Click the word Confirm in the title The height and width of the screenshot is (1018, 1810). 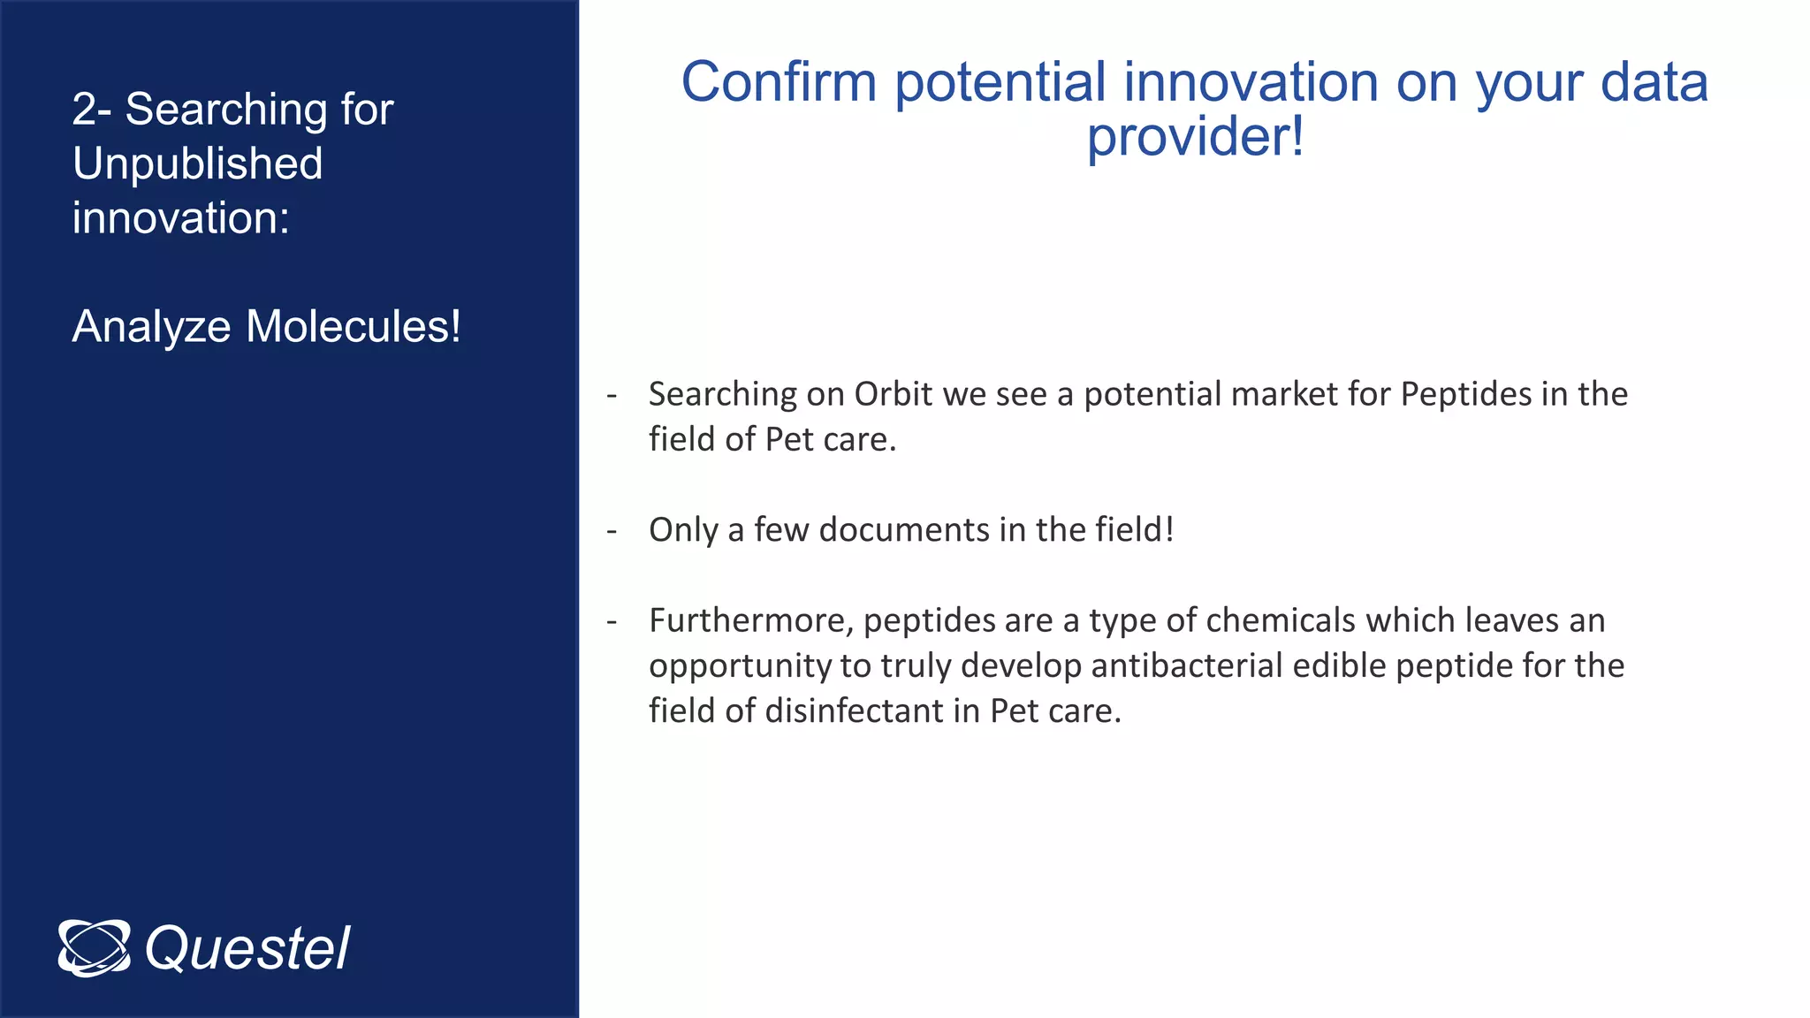click(778, 82)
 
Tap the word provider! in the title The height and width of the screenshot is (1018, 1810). click(1195, 138)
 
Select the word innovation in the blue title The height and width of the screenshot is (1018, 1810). click(1251, 82)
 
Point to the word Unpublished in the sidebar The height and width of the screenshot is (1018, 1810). click(197, 163)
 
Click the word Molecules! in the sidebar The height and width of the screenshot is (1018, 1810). click(354, 326)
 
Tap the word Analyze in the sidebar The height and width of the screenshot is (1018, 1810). click(151, 326)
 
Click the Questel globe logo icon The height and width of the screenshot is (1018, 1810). click(94, 948)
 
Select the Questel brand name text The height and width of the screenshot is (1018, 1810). click(247, 949)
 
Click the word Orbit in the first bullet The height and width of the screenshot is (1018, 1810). click(893, 394)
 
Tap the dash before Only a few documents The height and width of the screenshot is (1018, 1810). click(612, 531)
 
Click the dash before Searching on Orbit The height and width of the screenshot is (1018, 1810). click(612, 395)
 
